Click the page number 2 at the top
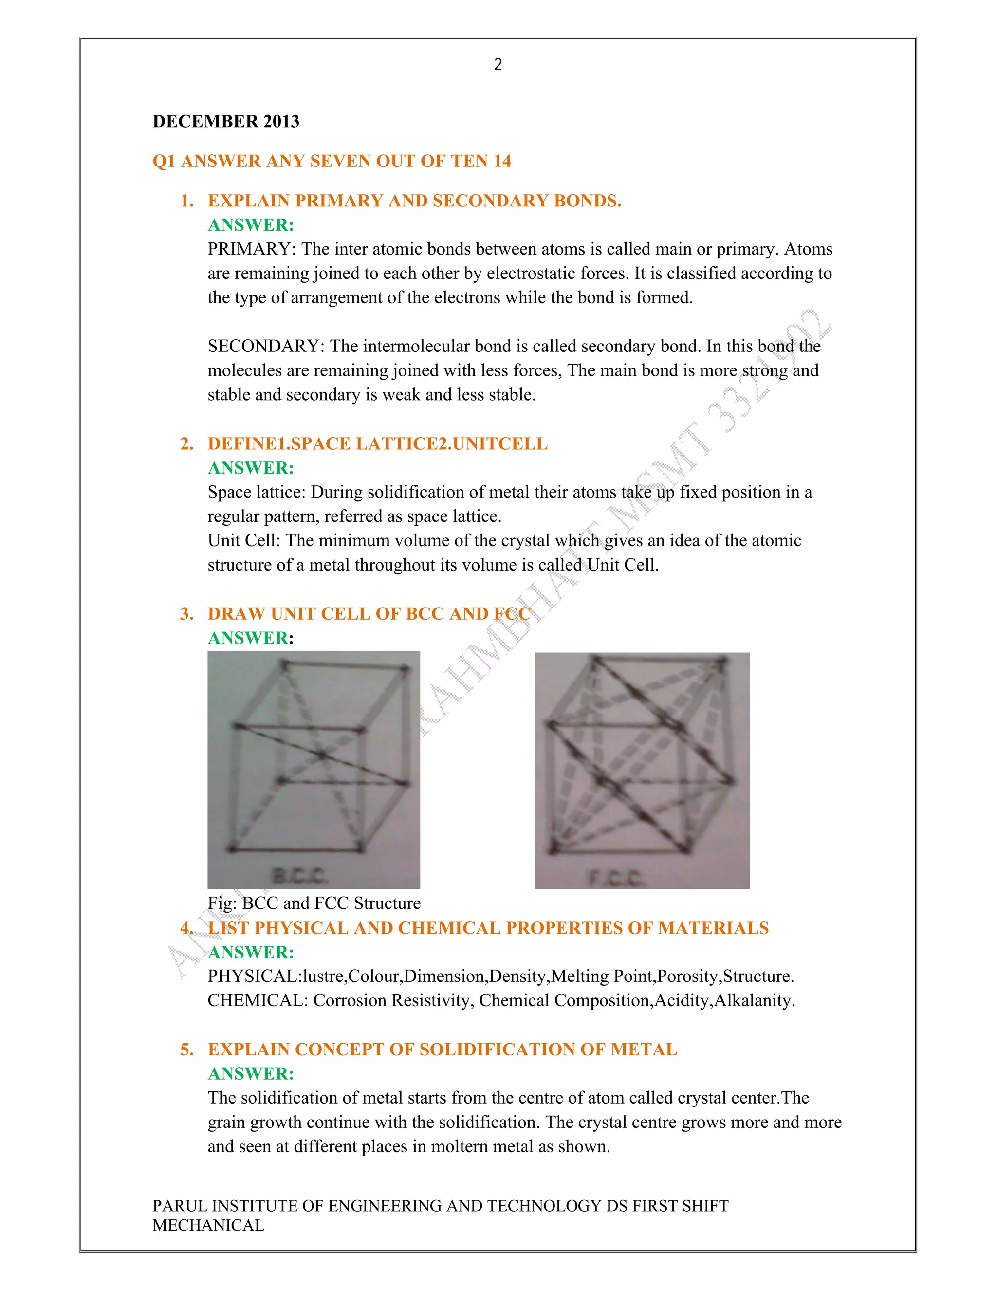pyautogui.click(x=498, y=64)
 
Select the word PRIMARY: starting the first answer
pyautogui.click(x=252, y=249)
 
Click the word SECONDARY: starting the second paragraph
pyautogui.click(x=266, y=346)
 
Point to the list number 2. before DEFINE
pyautogui.click(x=186, y=443)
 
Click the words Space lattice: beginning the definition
pyautogui.click(x=257, y=492)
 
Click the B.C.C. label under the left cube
pyautogui.click(x=299, y=876)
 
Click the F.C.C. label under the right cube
pyautogui.click(x=615, y=879)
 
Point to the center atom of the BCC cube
pyautogui.click(x=322, y=754)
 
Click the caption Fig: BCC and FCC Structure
pyautogui.click(x=314, y=903)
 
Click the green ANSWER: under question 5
pyautogui.click(x=250, y=1073)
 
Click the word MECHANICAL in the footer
pyautogui.click(x=208, y=1225)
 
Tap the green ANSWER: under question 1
pyautogui.click(x=250, y=225)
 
